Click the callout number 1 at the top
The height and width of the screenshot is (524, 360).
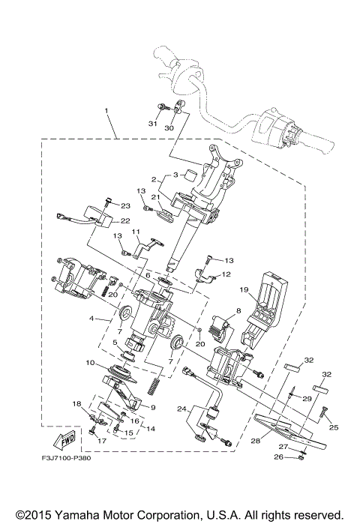106,111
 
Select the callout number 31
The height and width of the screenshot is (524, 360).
153,124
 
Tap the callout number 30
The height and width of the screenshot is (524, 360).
169,128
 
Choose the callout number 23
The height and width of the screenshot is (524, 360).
125,205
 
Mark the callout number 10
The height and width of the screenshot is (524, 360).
89,364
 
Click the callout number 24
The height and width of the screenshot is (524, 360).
181,409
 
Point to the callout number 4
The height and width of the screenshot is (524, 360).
92,319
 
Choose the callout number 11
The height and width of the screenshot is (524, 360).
137,233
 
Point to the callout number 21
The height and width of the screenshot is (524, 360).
157,197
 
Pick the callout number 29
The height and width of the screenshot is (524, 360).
306,398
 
